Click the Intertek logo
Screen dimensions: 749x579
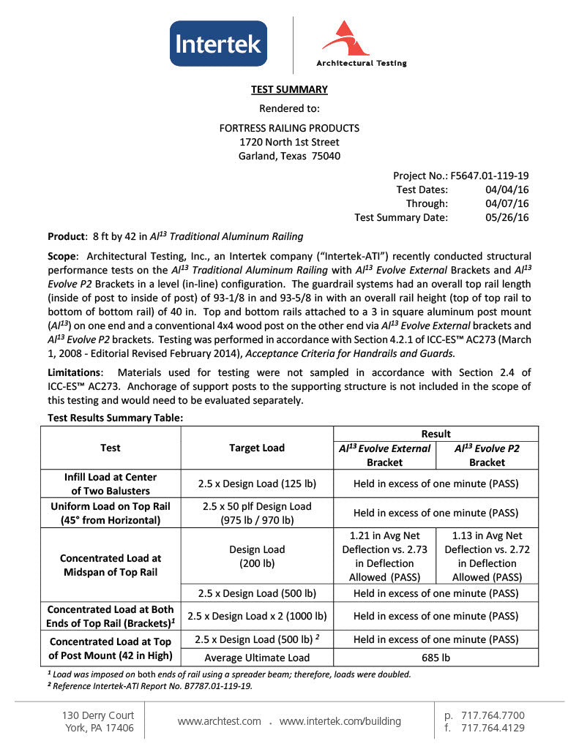click(x=218, y=44)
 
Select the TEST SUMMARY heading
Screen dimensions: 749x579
click(x=289, y=89)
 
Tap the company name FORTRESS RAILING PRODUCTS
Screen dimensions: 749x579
click(x=289, y=128)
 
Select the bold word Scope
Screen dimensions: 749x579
click(x=62, y=256)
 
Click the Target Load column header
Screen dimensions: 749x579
click(x=256, y=448)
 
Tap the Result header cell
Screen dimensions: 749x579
click(x=436, y=434)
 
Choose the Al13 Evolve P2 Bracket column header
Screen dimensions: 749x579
click(x=487, y=455)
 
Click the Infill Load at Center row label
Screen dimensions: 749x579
click(x=111, y=483)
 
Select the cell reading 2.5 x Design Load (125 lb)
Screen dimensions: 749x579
click(x=256, y=483)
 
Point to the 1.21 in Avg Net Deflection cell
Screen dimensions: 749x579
click(x=384, y=557)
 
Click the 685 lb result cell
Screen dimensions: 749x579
click(x=436, y=658)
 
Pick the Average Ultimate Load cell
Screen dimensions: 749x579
click(x=256, y=658)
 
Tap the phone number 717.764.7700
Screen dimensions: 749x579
click(x=493, y=715)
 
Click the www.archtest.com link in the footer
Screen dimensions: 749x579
click(x=219, y=721)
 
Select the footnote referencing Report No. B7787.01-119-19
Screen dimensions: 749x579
click(x=150, y=685)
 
